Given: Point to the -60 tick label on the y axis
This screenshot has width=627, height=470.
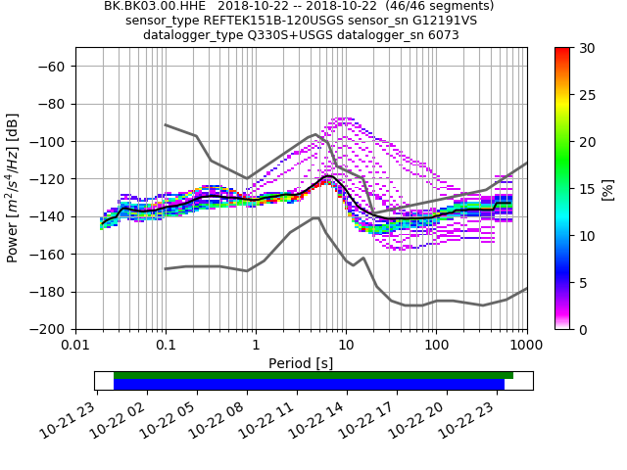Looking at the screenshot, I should click(x=55, y=66).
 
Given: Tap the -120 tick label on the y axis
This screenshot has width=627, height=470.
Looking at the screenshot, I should click(x=51, y=179).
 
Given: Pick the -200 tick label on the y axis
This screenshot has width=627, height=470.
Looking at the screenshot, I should click(x=51, y=329).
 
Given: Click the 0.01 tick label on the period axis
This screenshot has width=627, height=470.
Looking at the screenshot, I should click(x=75, y=345).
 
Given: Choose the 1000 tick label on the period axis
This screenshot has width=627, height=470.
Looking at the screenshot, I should click(x=526, y=345).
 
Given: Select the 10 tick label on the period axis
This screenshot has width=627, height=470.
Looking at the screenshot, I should click(x=346, y=345).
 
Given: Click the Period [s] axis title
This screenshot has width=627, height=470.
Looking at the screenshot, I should click(x=301, y=362).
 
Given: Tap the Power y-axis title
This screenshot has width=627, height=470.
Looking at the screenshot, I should click(x=14, y=188).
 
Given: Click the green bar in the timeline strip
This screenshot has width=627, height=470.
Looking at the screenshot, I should click(x=313, y=375).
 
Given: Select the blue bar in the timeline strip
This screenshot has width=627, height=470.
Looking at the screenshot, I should click(x=309, y=385).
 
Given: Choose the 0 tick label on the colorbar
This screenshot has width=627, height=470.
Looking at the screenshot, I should click(x=580, y=329).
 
